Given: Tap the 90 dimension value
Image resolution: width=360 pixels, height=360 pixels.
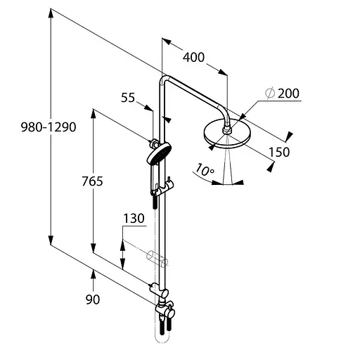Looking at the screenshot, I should (x=92, y=300).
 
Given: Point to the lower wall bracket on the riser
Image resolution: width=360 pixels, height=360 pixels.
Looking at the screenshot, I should (x=159, y=288).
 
